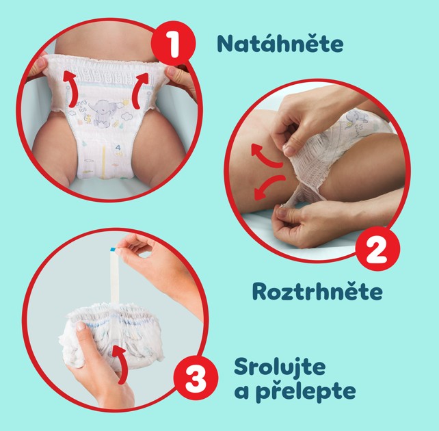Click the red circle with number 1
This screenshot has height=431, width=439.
click(x=173, y=43)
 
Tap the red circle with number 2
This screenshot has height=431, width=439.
click(x=377, y=248)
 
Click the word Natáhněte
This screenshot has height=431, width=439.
click(x=280, y=43)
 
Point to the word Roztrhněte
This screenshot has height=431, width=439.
click(x=317, y=291)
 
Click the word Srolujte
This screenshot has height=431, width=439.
click(x=280, y=367)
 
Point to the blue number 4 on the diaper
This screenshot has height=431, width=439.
click(x=118, y=147)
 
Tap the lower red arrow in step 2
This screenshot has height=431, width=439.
click(x=267, y=187)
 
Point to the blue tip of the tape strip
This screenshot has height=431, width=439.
click(x=113, y=249)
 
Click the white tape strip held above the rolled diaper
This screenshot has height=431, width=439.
click(x=114, y=274)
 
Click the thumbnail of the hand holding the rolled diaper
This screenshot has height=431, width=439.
click(x=81, y=326)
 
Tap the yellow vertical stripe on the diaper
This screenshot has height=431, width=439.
click(x=103, y=161)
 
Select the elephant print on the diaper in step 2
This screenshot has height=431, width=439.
click(x=354, y=117)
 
